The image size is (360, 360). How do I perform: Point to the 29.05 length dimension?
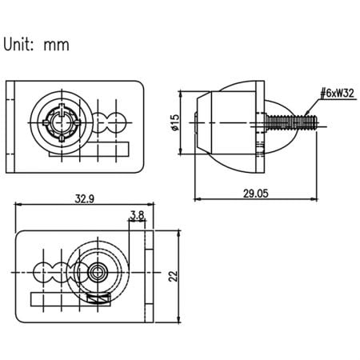(255, 190)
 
